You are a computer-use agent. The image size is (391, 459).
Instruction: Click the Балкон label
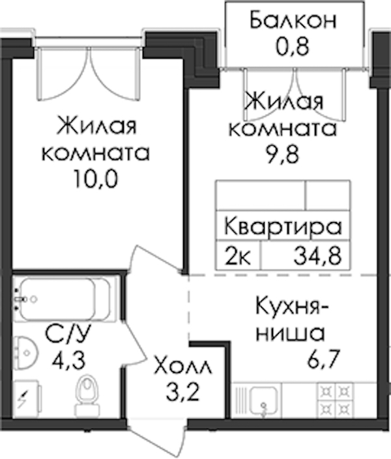[x=293, y=20]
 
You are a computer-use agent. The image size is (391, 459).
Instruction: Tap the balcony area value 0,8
[x=292, y=47]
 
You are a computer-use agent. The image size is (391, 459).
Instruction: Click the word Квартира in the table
[x=283, y=226]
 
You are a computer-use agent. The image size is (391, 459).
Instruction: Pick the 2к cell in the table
[x=238, y=256]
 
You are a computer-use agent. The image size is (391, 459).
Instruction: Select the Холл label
[x=183, y=365]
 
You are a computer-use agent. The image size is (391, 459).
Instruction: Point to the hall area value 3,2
[x=182, y=391]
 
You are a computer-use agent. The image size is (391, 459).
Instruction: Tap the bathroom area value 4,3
[x=68, y=360]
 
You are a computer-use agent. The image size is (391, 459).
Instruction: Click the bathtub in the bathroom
[x=65, y=299]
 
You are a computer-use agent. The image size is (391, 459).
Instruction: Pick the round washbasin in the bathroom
[x=26, y=352]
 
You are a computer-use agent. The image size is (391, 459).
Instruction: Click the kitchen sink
[x=264, y=401]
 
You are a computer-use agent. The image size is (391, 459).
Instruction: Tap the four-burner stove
[x=336, y=400]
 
